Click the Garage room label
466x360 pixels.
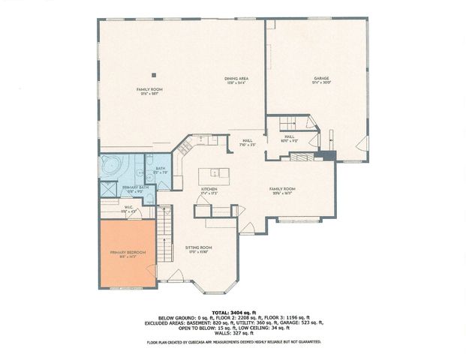pyautogui.click(x=322, y=78)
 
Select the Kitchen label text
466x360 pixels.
pyautogui.click(x=209, y=190)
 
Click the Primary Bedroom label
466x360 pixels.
pyautogui.click(x=128, y=252)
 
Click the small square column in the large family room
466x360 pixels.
pyautogui.click(x=153, y=74)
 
